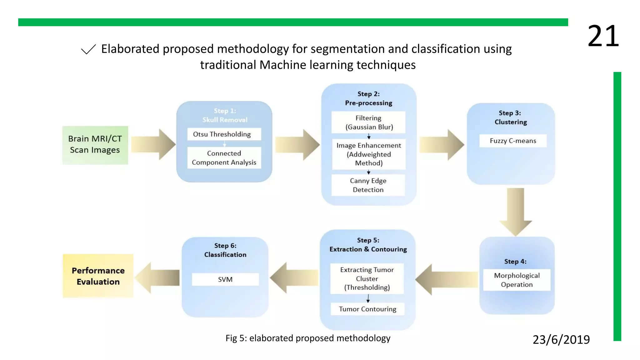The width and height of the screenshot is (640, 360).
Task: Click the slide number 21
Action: point(603,36)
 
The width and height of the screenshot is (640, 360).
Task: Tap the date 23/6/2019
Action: point(561,339)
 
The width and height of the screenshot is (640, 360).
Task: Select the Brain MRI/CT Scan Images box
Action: point(95,145)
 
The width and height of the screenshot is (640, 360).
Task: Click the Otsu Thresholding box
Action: point(224,134)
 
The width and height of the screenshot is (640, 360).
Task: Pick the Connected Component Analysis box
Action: point(224,158)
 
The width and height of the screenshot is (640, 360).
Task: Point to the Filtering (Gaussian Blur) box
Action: point(368,122)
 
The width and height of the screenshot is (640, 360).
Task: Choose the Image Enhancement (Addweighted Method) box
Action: point(369,154)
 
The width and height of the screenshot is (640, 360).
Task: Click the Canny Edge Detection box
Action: point(368,185)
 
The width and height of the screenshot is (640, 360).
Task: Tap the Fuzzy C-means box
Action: point(513,141)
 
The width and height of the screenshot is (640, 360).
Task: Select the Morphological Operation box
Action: point(517,280)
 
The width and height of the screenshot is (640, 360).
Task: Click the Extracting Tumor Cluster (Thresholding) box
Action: point(367,278)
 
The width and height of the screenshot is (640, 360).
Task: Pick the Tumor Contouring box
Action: point(367,309)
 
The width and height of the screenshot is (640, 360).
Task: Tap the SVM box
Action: point(225,279)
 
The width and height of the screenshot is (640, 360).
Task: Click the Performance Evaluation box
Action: point(98,276)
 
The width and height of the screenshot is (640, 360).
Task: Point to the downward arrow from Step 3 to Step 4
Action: point(516,211)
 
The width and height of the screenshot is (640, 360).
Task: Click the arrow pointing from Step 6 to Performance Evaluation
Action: point(158,278)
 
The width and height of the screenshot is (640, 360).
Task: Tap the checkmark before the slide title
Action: point(88,49)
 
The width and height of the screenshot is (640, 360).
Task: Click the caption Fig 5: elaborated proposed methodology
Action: point(308,338)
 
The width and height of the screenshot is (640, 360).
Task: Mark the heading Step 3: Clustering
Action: point(510,117)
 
